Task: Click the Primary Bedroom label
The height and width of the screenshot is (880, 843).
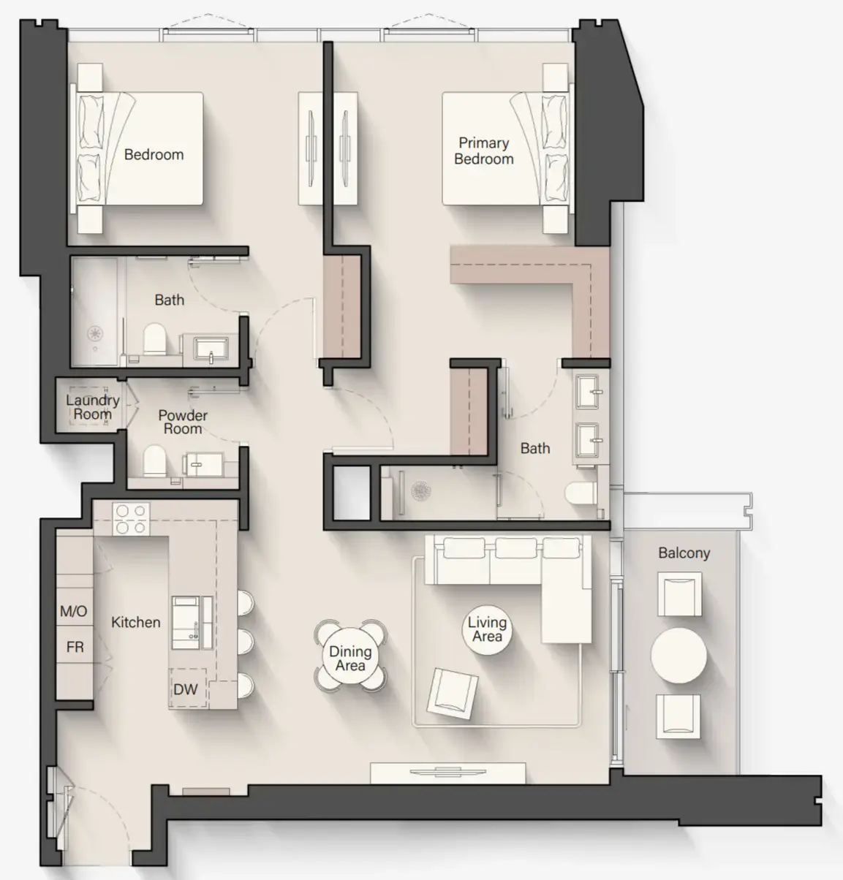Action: tap(483, 151)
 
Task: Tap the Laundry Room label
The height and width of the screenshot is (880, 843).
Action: tap(92, 407)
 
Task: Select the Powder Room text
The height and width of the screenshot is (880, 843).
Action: tap(182, 422)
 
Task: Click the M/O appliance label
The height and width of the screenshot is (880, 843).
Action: tap(73, 611)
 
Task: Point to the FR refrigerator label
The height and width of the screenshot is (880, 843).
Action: tap(75, 647)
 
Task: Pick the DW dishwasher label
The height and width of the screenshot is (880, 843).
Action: tap(185, 689)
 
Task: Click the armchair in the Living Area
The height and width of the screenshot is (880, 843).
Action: tap(453, 692)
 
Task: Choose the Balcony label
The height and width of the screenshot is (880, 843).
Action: tap(684, 553)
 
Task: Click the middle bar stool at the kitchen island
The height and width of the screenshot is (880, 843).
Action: tap(245, 641)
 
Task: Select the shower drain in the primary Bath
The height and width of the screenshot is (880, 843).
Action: tap(422, 490)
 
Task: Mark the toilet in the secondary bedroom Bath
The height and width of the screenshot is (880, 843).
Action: tap(154, 339)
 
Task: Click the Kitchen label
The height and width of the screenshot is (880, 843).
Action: tap(135, 622)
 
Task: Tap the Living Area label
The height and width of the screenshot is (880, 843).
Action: tap(487, 629)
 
